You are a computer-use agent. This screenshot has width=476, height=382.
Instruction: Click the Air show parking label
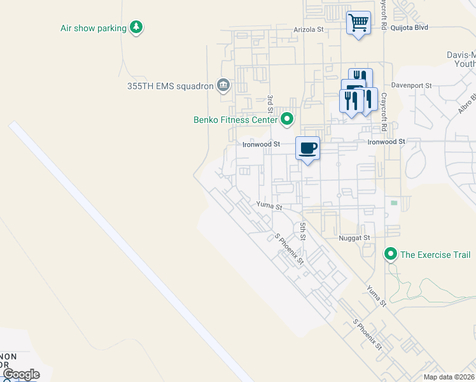pyautogui.click(x=93, y=28)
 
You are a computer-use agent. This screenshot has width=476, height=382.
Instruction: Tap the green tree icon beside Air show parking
pyautogui.click(x=136, y=27)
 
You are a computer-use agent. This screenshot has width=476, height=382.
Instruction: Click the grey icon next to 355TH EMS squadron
pyautogui.click(x=223, y=85)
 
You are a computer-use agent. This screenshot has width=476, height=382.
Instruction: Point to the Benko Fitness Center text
pyautogui.click(x=235, y=119)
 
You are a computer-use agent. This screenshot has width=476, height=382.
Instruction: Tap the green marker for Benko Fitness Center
pyautogui.click(x=287, y=118)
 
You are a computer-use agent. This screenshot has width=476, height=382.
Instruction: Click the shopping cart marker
pyautogui.click(x=358, y=24)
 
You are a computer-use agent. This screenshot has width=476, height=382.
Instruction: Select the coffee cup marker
pyautogui.click(x=307, y=148)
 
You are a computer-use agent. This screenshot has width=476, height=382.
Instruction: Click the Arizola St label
pyautogui.click(x=309, y=29)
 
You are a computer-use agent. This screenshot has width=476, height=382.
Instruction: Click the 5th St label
pyautogui.click(x=304, y=231)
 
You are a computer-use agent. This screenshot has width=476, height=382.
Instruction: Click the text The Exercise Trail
pyautogui.click(x=435, y=255)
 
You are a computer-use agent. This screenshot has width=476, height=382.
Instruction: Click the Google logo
pyautogui.click(x=21, y=374)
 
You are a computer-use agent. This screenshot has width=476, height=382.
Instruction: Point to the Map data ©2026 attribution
pyautogui.click(x=449, y=377)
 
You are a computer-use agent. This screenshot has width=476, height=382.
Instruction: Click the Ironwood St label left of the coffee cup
pyautogui.click(x=261, y=145)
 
